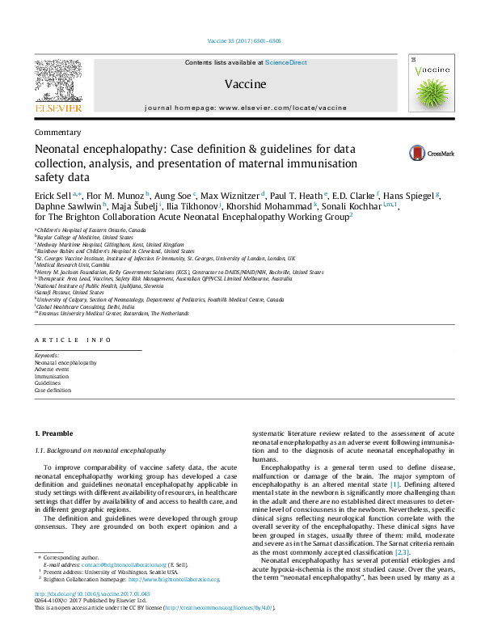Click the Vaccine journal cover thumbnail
click(429, 84)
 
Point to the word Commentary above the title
click(58, 132)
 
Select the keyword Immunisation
click(52, 377)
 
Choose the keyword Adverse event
click(53, 370)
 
